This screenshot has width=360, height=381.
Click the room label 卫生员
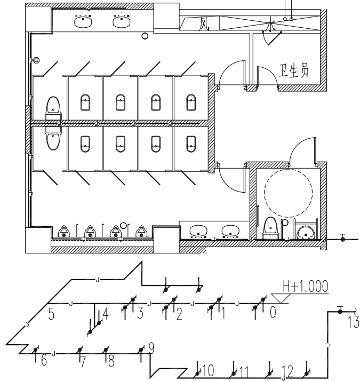[295, 70]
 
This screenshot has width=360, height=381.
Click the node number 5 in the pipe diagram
[52, 313]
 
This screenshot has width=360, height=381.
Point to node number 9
[151, 348]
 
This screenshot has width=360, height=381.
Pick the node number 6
[44, 361]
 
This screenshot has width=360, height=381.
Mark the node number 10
[208, 369]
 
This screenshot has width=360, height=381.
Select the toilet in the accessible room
[270, 227]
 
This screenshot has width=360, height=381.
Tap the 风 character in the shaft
[203, 24]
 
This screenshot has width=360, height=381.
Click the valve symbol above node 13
[341, 310]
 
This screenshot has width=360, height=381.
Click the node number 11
[244, 369]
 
